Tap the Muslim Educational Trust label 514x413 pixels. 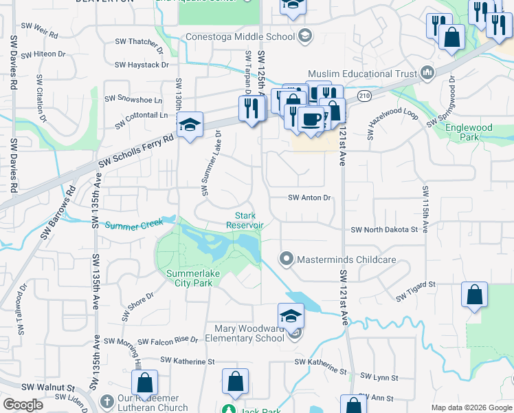[362, 73]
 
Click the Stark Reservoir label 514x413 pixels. [245, 220]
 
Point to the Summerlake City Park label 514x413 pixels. [189, 278]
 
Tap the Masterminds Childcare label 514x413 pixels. [346, 260]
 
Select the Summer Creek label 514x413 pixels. [133, 224]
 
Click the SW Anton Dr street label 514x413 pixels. [309, 198]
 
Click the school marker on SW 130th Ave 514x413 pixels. [189, 125]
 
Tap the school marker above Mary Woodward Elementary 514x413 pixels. [291, 316]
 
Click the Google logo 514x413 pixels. [23, 405]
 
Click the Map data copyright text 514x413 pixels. [471, 407]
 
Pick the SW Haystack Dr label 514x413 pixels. [142, 65]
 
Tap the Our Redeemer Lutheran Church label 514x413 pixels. [153, 403]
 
